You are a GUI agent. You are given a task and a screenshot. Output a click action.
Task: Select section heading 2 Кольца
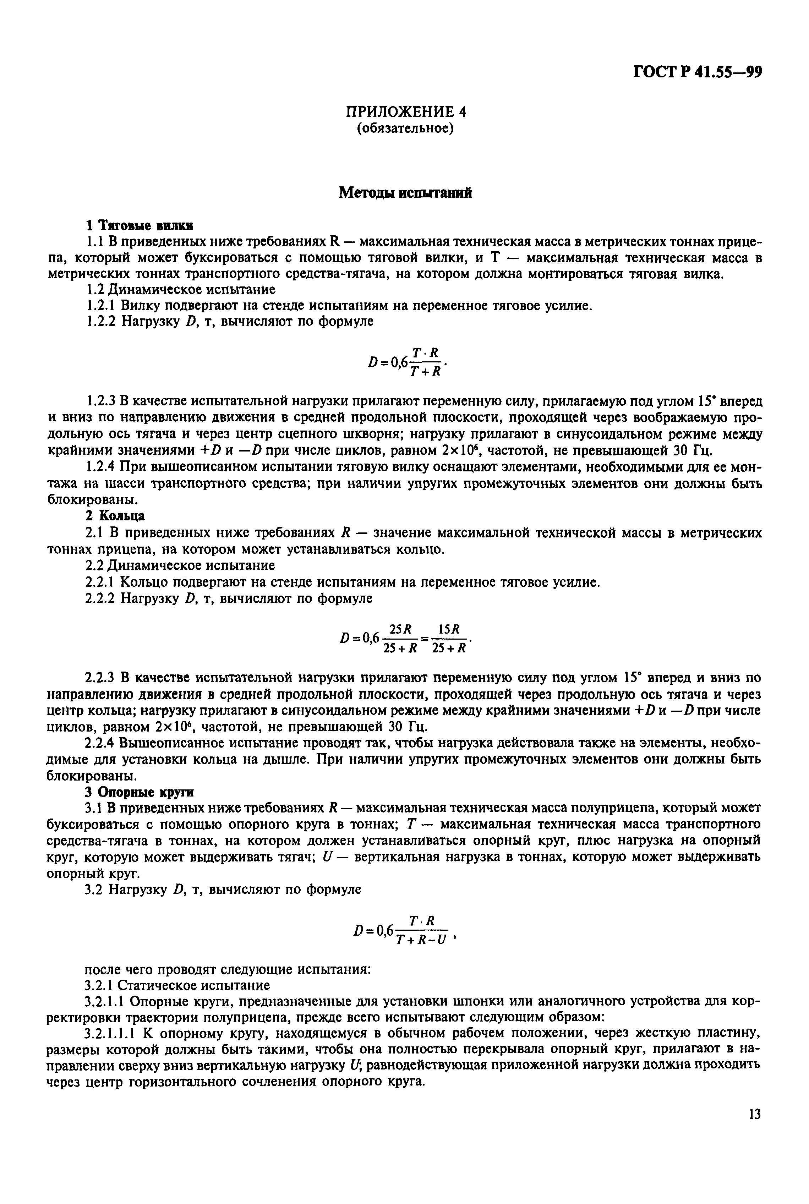click(x=115, y=516)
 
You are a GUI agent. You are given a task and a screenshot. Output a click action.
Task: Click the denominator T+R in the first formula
click(x=425, y=371)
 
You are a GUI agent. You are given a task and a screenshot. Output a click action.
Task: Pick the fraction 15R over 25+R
click(x=449, y=639)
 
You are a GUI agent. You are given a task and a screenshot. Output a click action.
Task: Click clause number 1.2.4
click(x=101, y=466)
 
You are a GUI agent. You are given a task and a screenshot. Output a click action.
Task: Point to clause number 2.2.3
click(x=101, y=677)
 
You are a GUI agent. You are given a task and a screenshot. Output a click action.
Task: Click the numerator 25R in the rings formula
click(x=400, y=629)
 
